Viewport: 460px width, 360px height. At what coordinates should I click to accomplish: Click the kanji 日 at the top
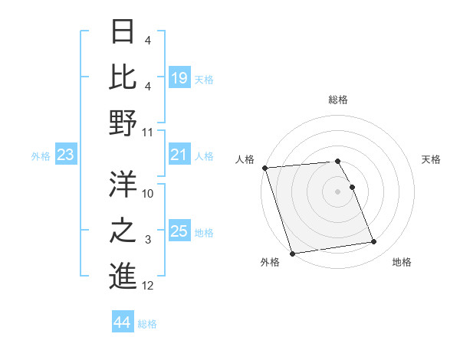(x=123, y=31)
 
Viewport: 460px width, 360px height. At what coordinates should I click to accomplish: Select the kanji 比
(x=123, y=77)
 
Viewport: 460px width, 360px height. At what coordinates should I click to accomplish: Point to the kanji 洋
(x=123, y=183)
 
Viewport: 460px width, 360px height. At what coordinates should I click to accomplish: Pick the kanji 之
(x=123, y=229)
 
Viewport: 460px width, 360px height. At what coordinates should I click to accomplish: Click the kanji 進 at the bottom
(x=123, y=275)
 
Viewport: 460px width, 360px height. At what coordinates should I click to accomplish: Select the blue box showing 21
(x=179, y=155)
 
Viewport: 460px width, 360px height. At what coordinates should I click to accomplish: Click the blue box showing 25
(x=179, y=231)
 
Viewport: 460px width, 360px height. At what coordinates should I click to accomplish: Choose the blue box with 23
(x=66, y=155)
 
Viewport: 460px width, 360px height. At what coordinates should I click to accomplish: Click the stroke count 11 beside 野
(x=148, y=133)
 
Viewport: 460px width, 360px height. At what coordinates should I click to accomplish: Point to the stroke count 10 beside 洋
(x=148, y=194)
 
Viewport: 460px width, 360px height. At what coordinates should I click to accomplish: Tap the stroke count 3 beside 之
(x=148, y=240)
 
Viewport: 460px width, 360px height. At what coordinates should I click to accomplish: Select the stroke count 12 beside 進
(x=148, y=286)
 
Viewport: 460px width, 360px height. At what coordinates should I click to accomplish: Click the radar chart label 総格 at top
(x=337, y=100)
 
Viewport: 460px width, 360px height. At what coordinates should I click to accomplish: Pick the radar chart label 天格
(x=431, y=159)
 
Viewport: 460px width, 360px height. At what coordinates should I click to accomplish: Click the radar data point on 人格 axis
(x=264, y=168)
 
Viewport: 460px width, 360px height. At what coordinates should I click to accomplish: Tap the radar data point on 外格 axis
(x=292, y=254)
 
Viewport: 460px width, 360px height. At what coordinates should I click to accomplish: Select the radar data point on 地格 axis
(x=374, y=242)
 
